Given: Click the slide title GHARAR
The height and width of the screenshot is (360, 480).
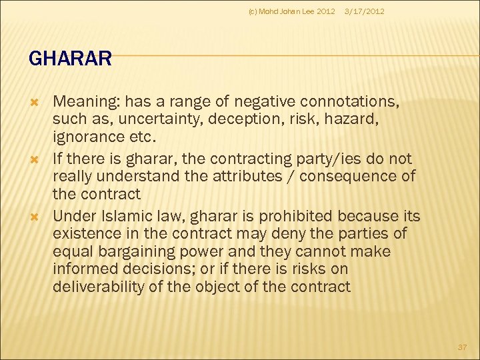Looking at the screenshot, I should (70, 59).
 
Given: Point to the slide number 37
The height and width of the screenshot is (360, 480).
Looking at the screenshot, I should (462, 347).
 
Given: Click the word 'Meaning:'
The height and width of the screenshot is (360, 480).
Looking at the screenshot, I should (85, 102).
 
